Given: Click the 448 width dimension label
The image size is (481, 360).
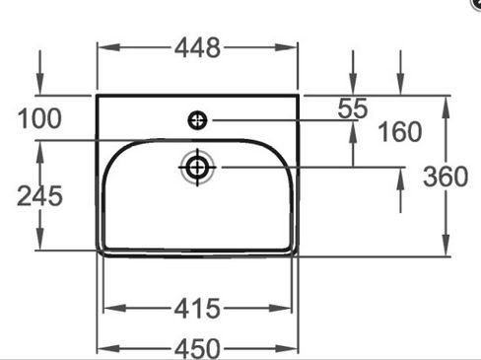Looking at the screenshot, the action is coord(197,48).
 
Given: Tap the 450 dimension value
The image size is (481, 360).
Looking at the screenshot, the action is coord(197,349).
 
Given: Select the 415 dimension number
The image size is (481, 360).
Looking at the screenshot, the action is coord(197,309).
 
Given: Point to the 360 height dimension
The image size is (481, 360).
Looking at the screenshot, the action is coord(446,177).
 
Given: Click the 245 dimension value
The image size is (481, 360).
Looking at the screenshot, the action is coord(39,196).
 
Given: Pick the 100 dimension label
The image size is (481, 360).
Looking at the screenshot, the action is coord(39,118).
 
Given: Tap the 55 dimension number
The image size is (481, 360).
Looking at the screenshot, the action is coord(353,108).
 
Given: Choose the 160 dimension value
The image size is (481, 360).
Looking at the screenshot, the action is coord(400,131).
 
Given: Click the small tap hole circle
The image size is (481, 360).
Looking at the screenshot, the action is coord(197,120).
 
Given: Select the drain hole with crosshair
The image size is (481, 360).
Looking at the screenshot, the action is coord(197,168).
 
